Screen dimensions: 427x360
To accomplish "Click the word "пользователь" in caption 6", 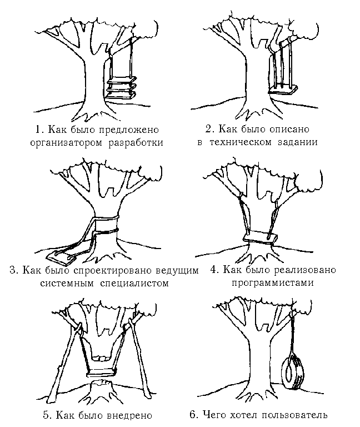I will (x=295, y=415).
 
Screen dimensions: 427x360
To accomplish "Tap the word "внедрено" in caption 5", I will (x=132, y=415).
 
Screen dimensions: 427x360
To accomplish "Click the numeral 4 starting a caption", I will (x=213, y=270).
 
